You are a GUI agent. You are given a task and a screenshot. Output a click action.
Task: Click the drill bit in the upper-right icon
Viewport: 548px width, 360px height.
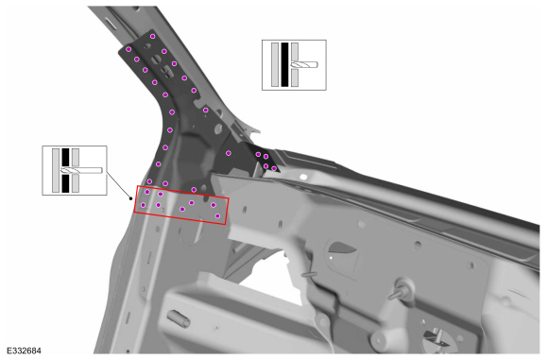pos(305,65)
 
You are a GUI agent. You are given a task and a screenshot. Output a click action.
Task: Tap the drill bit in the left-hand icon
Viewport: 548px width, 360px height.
pos(87,171)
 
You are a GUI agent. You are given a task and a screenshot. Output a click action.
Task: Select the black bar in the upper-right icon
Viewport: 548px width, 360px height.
pos(284,65)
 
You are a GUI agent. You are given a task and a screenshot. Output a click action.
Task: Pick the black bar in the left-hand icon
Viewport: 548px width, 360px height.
pos(66,171)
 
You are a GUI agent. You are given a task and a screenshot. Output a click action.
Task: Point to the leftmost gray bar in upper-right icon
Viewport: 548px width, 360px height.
pos(275,65)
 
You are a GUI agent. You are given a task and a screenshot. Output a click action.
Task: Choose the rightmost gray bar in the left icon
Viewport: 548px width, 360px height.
pos(76,171)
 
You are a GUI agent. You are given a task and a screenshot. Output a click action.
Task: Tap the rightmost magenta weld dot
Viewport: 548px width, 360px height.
pos(275,168)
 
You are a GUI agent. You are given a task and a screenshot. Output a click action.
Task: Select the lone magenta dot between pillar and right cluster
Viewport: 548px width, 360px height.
pos(229,152)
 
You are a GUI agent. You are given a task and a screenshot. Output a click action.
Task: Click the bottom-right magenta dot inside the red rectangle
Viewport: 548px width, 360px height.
pos(218,216)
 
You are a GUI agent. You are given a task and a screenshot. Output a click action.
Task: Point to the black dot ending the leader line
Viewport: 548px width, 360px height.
pos(129,199)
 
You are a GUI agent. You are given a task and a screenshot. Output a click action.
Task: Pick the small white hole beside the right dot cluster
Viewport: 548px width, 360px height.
pos(304,176)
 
